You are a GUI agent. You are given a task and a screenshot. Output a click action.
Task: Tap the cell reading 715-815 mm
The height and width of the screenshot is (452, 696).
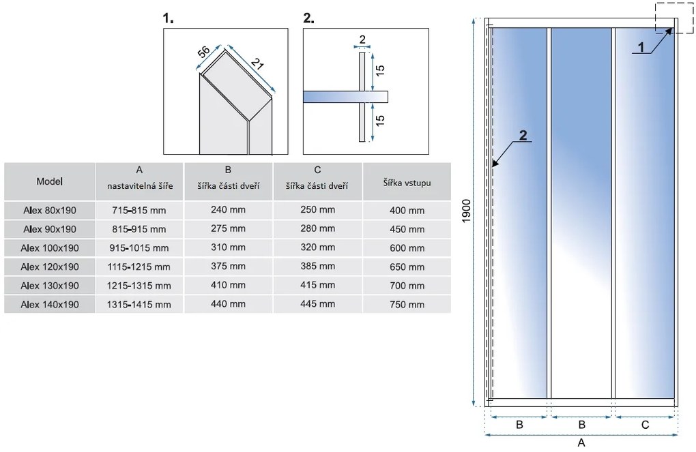139,211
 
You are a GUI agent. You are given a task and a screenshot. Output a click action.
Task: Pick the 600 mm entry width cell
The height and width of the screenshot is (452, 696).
407,247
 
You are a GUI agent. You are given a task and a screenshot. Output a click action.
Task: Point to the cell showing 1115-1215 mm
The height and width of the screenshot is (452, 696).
139,267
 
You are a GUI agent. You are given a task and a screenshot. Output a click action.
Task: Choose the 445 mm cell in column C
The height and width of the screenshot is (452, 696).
317,304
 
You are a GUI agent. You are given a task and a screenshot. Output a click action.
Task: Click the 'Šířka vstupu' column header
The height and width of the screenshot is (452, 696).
407,181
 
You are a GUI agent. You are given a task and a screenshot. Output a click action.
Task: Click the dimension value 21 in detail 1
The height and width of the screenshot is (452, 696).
257,67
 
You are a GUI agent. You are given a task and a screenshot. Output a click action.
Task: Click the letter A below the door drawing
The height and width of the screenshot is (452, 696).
581,442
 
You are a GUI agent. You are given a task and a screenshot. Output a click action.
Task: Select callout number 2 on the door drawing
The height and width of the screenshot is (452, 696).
523,134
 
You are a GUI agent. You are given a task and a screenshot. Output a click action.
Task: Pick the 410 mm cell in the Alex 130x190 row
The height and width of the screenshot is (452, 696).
228,286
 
